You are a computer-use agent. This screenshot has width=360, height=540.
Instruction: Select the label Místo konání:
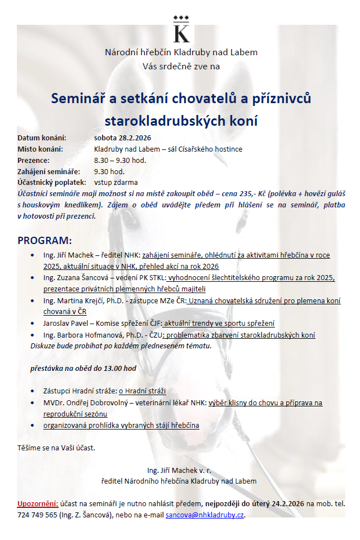pyautogui.click(x=40, y=149)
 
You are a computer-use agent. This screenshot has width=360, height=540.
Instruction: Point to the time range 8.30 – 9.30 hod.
pyautogui.click(x=120, y=160)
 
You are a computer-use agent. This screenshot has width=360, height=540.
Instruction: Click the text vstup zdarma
pyautogui.click(x=115, y=183)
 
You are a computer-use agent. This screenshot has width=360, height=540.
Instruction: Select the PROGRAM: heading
pyautogui.click(x=45, y=241)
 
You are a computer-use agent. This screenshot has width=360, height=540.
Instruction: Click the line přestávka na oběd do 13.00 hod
pyautogui.click(x=83, y=368)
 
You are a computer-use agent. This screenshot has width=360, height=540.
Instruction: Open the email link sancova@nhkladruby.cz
pyautogui.click(x=205, y=514)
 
